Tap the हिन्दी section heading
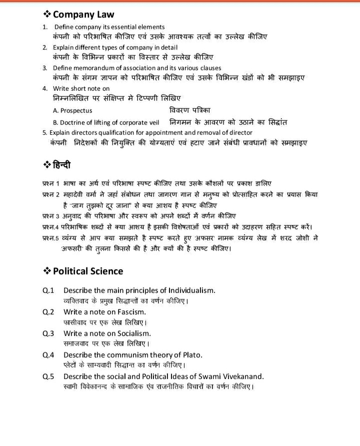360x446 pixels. pos(62,164)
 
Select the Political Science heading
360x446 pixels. pos(88,271)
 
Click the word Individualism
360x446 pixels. pos(184,290)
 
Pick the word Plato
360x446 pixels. pos(190,355)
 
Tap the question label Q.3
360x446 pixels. pos(48,333)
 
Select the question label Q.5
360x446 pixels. pos(48,376)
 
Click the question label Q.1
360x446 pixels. pos(48,290)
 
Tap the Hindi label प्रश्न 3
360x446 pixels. pos(51,216)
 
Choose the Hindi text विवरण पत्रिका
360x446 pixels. pos(190,110)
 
